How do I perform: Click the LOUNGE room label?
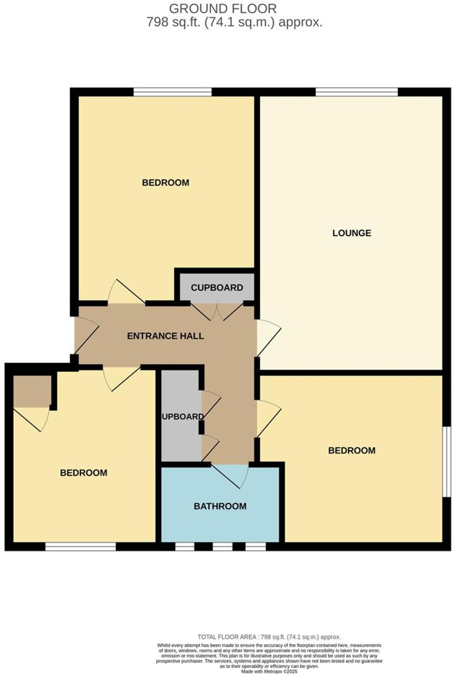351,233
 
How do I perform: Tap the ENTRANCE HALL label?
165,336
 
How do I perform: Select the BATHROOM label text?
220,506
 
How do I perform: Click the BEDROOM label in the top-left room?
165,183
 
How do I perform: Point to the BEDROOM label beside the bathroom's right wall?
351,450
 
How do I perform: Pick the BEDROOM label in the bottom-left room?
84,473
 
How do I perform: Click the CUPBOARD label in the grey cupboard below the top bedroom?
217,288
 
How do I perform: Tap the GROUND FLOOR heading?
223,8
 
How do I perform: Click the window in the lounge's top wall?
356,92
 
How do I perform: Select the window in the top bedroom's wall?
172,92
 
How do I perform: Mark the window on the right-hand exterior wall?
446,462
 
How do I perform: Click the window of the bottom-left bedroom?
81,547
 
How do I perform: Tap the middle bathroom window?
223,547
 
